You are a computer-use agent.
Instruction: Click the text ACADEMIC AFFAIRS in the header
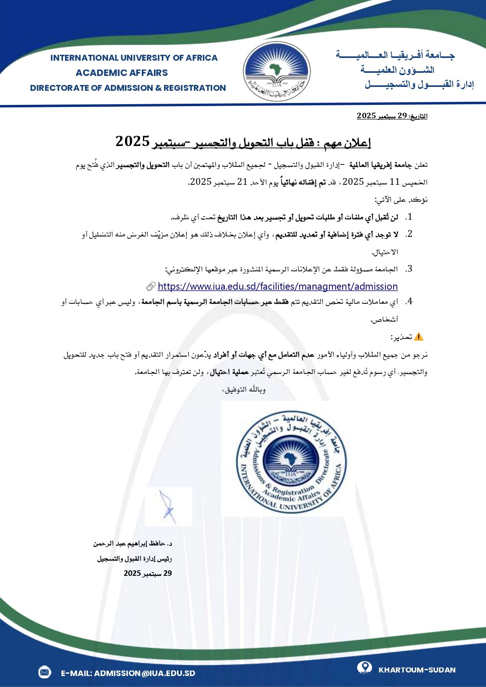[x=121, y=73]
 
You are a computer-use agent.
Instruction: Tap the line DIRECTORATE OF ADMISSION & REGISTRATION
[x=128, y=88]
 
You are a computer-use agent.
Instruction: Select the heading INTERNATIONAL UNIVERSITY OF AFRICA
[x=134, y=58]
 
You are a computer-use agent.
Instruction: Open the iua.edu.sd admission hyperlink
[x=278, y=286]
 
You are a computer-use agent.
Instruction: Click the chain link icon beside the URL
[x=151, y=287]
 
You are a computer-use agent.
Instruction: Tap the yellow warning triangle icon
[x=418, y=337]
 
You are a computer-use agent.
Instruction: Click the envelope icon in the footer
[x=45, y=673]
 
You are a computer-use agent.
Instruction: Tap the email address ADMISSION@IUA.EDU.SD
[x=128, y=673]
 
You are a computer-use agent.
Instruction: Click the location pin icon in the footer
[x=365, y=667]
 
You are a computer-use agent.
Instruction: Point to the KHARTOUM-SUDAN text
[x=417, y=670]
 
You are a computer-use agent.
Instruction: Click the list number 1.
[x=409, y=217]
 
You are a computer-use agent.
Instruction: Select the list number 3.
[x=409, y=269]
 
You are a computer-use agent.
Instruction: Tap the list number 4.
[x=409, y=301]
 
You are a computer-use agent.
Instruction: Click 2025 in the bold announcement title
[x=133, y=141]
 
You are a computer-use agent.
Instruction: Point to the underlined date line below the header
[x=392, y=116]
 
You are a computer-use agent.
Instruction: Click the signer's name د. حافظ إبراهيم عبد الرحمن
[x=133, y=544]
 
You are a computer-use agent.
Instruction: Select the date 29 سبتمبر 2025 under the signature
[x=148, y=573]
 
